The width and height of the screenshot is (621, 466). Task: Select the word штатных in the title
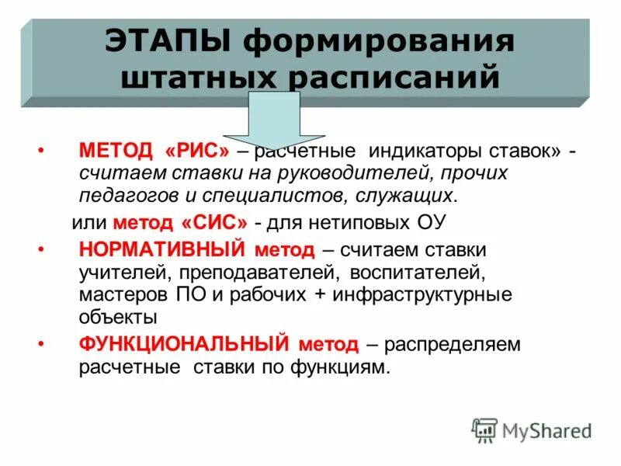198,78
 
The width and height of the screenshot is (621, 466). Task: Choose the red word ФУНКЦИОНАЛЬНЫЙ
184,344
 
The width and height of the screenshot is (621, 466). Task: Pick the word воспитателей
417,273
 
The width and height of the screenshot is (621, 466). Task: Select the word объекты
118,317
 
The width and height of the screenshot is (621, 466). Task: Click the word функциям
338,367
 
